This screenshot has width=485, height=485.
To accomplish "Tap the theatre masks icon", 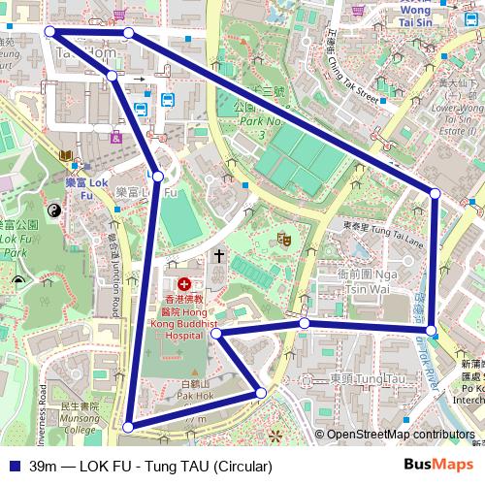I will coord(284,238).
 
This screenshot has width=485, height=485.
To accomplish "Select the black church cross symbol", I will coord(220,257).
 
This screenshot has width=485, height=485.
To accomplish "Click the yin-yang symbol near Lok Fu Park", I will coord(54,210).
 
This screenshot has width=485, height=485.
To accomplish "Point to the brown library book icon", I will coord(66,155).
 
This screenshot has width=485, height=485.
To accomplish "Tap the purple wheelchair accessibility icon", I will coord(116,138).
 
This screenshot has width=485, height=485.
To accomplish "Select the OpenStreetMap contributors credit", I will coord(395,435).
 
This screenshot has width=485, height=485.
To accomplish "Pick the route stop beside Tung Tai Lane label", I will coord(435,194).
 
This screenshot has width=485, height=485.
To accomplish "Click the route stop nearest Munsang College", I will coord(128,425).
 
